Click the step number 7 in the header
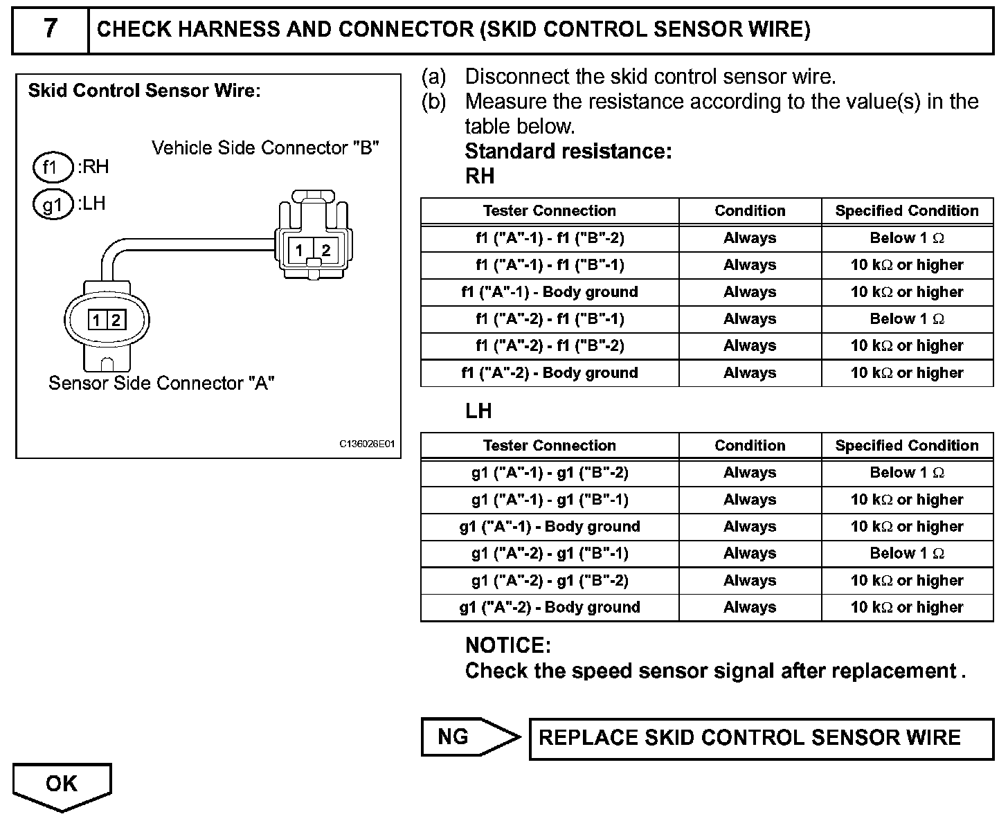(x=50, y=29)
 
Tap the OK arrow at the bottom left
(x=62, y=784)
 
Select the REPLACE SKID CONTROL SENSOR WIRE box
(x=750, y=738)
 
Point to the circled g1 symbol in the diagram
(x=52, y=205)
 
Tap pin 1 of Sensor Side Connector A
(x=96, y=320)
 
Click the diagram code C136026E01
(x=366, y=444)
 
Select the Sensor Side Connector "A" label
(x=161, y=383)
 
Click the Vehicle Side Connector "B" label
(x=265, y=148)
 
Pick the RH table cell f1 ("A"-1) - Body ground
(x=550, y=292)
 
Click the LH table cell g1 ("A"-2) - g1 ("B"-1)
(x=550, y=554)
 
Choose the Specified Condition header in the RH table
(x=907, y=211)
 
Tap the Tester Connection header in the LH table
(x=550, y=446)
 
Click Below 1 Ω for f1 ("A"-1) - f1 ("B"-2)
(x=907, y=238)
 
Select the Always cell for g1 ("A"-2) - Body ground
(x=750, y=608)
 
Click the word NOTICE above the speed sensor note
(x=507, y=646)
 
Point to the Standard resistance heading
(x=568, y=151)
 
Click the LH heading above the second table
(x=478, y=411)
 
